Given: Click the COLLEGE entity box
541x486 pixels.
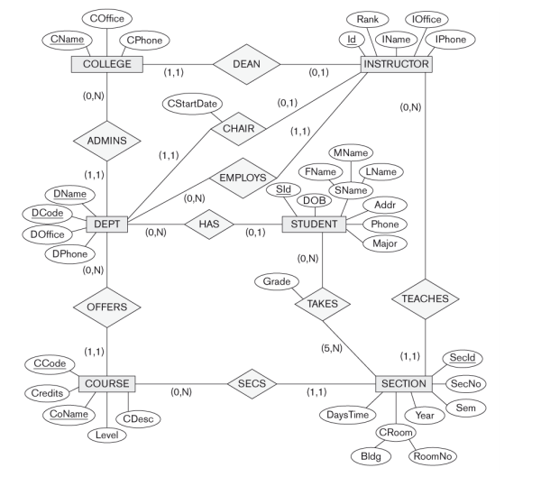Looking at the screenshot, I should tap(107, 64).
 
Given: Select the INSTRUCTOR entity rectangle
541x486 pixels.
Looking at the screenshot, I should tap(397, 64).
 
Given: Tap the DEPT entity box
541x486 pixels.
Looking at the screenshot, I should tap(107, 224).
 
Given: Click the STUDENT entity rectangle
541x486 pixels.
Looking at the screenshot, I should tap(314, 224).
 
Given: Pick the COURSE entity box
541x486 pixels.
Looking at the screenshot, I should tap(107, 384).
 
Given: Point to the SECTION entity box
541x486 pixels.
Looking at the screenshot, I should tap(404, 384).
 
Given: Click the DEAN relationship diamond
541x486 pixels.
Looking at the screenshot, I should tap(245, 64).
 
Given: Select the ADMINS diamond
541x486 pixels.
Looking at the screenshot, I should tap(107, 141).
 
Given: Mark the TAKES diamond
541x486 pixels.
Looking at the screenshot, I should tap(322, 304).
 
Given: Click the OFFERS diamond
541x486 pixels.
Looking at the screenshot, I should tap(107, 307).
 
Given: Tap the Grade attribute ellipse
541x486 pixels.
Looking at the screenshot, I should tap(277, 282).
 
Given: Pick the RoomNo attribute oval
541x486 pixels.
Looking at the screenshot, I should tap(432, 456).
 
